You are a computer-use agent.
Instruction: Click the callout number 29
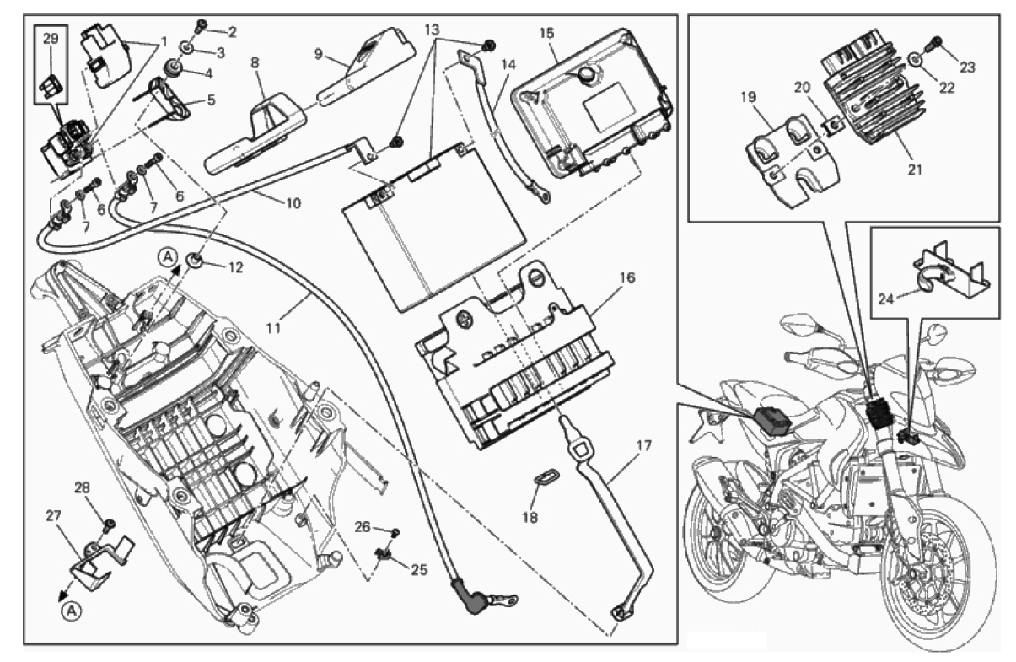point(50,39)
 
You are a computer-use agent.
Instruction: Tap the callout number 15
point(546,34)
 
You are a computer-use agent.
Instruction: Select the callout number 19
point(747,97)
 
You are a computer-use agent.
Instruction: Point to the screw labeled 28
point(109,527)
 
